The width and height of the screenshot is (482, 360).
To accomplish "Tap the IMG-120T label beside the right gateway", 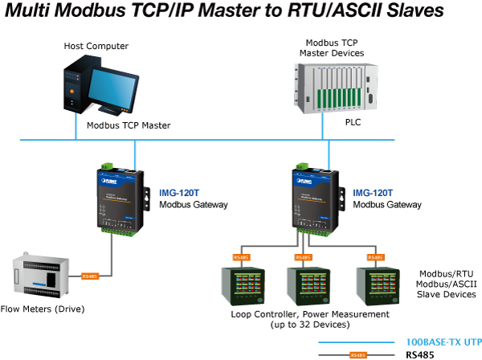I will click(x=374, y=193).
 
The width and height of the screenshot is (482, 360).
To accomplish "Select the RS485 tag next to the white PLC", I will click(x=90, y=276).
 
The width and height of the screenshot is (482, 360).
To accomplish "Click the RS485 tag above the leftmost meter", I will click(x=241, y=257).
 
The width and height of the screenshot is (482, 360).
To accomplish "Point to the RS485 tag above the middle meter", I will click(x=303, y=257).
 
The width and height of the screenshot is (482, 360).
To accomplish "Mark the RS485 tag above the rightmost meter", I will click(x=374, y=257).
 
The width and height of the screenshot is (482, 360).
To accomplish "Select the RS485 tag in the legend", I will click(x=357, y=354).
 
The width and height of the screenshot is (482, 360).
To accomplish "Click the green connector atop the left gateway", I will click(x=104, y=166).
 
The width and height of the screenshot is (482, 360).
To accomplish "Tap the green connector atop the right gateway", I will click(x=300, y=166).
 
